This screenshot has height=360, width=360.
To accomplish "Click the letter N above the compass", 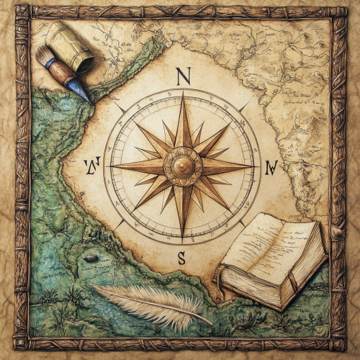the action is [x=182, y=76].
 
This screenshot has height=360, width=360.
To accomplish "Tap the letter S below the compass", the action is [x=181, y=257].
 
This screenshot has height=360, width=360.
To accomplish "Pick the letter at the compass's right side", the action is [x=271, y=168].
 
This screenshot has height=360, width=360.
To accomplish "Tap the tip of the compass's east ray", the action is [x=253, y=166].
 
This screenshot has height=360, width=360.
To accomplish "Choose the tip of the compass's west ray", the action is [x=112, y=166].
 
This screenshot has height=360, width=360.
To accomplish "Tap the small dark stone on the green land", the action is [x=91, y=258].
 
